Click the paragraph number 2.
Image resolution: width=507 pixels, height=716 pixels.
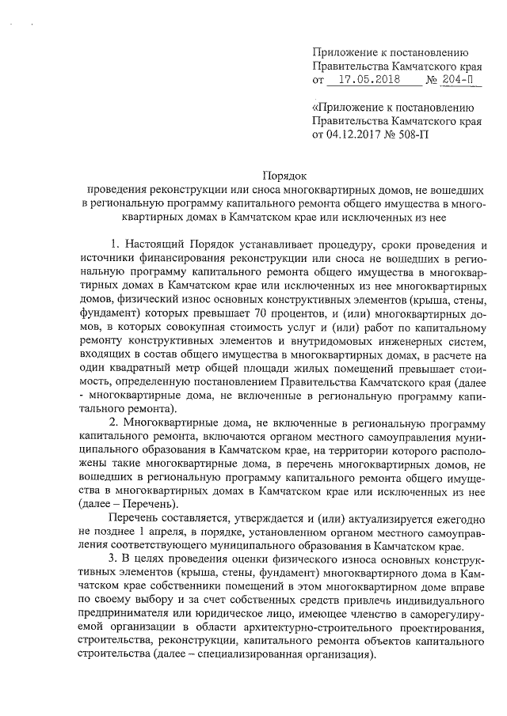coord(115,420)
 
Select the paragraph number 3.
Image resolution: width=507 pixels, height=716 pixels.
coord(115,557)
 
